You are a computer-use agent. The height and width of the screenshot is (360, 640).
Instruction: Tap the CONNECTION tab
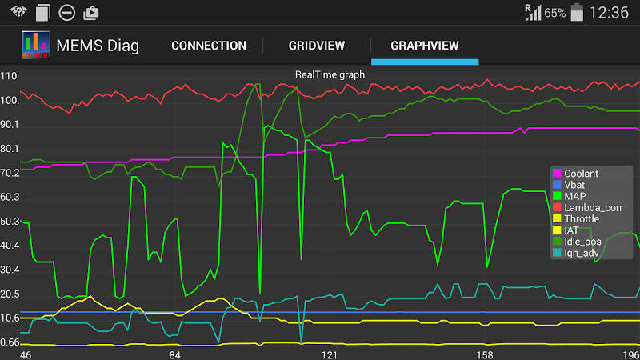point(209,46)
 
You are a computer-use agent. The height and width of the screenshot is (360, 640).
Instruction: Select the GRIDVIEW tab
point(316,46)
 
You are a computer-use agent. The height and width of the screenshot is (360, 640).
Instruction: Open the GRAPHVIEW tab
point(425,46)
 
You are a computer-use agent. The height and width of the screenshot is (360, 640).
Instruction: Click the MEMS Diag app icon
point(36,46)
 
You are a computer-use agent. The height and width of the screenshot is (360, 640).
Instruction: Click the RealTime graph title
point(330,74)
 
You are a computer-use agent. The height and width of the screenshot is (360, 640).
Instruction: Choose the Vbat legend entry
point(576,184)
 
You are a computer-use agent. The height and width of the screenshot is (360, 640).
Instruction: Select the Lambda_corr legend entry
point(593,207)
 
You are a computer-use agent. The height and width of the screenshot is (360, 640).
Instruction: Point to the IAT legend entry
point(571,230)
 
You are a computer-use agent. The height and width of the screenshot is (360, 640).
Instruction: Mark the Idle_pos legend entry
point(582,241)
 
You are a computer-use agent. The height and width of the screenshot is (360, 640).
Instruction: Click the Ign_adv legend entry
point(582,253)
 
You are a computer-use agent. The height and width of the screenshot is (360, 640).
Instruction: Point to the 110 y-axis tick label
point(10,77)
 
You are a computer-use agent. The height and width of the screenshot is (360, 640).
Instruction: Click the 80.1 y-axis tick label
point(10,149)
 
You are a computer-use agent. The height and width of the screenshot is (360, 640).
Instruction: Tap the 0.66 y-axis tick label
point(10,342)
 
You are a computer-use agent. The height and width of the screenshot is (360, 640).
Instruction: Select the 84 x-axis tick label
point(176,354)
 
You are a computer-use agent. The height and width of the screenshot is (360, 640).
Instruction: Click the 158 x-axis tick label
point(483,354)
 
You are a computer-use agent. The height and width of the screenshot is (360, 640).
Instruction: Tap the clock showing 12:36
point(609,13)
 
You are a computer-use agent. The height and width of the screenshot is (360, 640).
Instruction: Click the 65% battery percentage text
point(554,14)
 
